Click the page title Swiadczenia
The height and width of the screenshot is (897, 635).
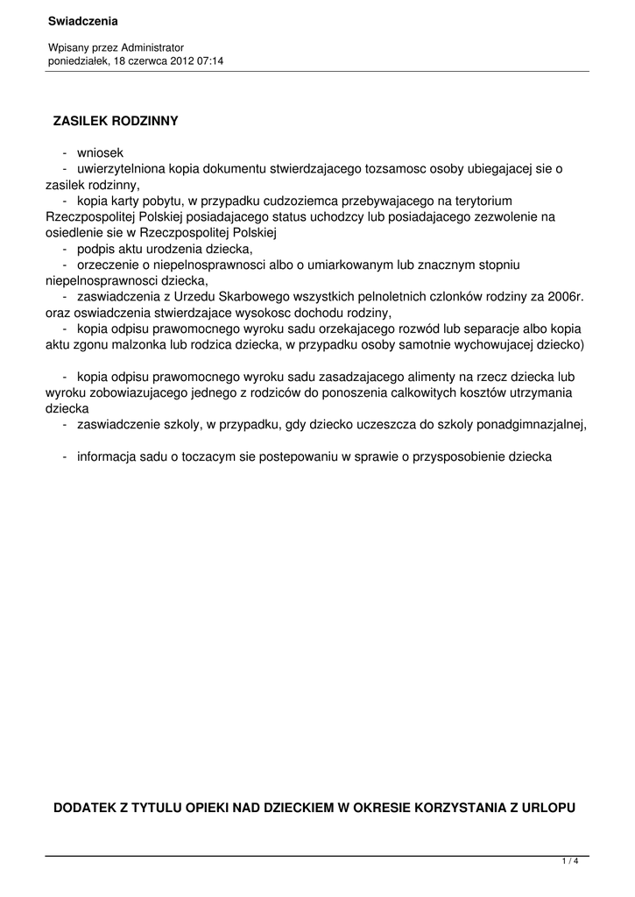pos(83,20)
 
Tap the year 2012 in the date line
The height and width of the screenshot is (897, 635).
pos(177,61)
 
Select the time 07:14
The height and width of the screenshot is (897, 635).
pos(210,61)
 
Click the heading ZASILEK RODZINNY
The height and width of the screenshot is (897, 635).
pos(116,121)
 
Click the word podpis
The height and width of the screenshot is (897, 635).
pos(95,249)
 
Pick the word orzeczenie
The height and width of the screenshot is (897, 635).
pos(109,265)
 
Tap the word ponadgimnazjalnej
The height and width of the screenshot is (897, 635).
pos(526,424)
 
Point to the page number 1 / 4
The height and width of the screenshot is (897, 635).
pos(570,862)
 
